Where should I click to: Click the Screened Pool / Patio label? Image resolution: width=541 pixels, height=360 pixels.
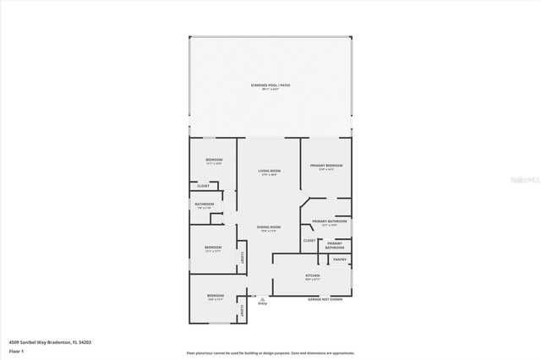(270, 85)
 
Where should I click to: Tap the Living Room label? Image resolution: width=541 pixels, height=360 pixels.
(270, 172)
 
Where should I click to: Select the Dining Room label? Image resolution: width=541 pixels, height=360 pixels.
(270, 227)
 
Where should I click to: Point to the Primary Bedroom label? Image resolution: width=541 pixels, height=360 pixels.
(326, 166)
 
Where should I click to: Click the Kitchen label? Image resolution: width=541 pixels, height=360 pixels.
(312, 277)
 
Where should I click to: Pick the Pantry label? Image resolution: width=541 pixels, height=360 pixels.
(340, 260)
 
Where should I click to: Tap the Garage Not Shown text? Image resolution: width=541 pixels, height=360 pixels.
(325, 299)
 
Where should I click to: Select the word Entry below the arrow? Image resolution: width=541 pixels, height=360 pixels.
(262, 303)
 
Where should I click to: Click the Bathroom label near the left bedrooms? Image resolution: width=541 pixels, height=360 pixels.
(204, 204)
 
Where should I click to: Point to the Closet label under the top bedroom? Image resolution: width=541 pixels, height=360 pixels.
(204, 186)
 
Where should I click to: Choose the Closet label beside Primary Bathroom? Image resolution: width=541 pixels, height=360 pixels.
(309, 241)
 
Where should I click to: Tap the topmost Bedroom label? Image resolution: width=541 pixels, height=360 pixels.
(214, 160)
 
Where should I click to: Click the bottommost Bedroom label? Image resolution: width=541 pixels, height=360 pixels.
(216, 296)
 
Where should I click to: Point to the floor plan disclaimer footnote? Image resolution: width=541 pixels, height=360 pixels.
(270, 352)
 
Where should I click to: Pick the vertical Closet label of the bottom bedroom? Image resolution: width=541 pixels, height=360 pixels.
(243, 310)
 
